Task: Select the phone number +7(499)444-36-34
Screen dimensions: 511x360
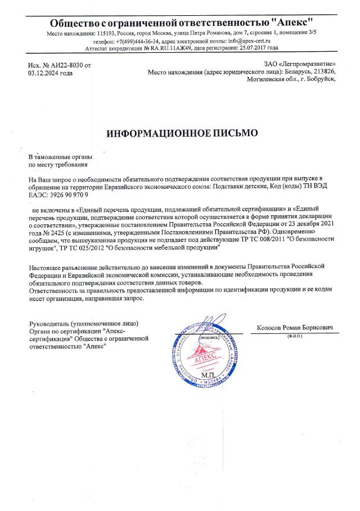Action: click(x=138, y=41)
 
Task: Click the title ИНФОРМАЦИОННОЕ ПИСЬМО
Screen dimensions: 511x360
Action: click(x=182, y=133)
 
